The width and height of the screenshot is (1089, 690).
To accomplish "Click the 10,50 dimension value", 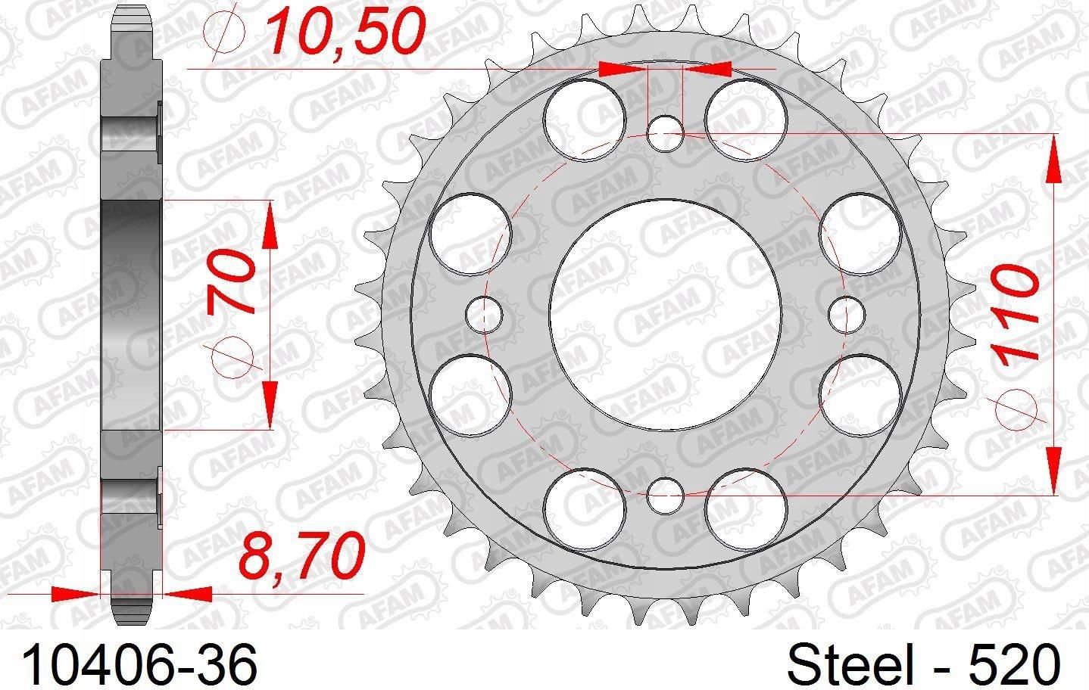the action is click(346, 31).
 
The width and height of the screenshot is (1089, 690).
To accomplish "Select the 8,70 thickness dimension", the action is click(301, 555).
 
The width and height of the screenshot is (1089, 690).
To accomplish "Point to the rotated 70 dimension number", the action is click(232, 284).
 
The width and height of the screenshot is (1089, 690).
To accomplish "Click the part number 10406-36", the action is click(140, 665).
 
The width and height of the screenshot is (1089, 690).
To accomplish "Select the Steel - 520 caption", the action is click(922, 665).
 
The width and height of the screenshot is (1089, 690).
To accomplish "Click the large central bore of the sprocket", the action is click(666, 315).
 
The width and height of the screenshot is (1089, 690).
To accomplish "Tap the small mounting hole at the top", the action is click(666, 133).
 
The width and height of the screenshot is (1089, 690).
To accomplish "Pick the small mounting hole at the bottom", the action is click(666, 496).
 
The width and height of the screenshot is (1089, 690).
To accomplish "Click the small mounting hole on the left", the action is click(484, 315).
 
